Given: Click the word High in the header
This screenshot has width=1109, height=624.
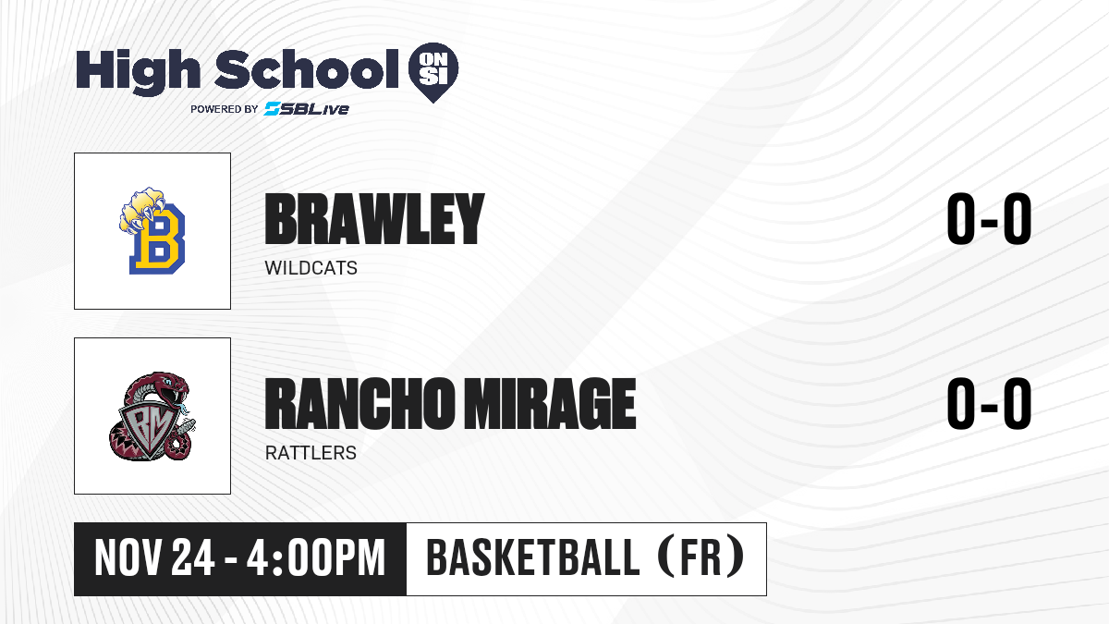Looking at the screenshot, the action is tap(138, 71).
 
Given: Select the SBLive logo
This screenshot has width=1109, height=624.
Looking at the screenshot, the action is tap(307, 108).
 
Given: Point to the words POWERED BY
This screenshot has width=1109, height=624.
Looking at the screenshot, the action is tap(225, 109).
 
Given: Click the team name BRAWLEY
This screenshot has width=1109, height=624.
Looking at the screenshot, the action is tap(374, 219).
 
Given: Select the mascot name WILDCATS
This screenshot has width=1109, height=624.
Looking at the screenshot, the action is tap(311, 268).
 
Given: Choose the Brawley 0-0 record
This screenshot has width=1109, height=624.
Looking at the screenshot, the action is tap(989, 219).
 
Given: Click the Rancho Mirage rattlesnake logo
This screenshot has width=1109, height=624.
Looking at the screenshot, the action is tap(152, 416).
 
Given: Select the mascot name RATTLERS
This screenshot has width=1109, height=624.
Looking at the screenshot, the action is tap(311, 453).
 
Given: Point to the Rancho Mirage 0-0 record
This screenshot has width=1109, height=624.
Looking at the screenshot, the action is tap(989, 404).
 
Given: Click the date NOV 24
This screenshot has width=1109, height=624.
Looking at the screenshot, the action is tap(154, 558).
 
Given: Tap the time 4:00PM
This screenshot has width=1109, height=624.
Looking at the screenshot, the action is tap(316, 558).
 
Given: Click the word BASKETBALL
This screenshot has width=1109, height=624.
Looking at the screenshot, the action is tap(532, 558).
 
